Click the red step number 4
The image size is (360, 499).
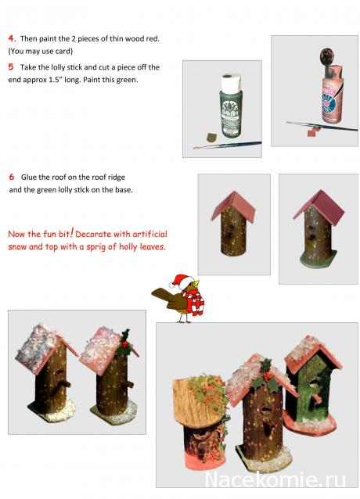[x=12, y=38]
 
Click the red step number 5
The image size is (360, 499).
[x=11, y=66]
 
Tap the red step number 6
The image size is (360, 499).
[x=12, y=177]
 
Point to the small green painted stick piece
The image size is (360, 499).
[x=211, y=137]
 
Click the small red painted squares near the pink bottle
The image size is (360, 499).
[x=312, y=131]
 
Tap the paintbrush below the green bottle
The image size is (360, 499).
[x=227, y=145]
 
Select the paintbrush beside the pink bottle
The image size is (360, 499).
[x=322, y=126]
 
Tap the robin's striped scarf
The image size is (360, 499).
[x=193, y=301]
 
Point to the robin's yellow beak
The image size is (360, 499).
[x=196, y=283]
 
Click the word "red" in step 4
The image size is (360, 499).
[x=152, y=39]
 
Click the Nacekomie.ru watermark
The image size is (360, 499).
[x=275, y=479]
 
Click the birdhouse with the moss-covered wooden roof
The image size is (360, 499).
[x=200, y=420]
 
